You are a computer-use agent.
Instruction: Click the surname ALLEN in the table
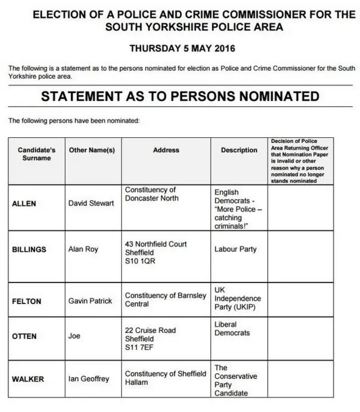24,203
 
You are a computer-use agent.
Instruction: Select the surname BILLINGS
29,249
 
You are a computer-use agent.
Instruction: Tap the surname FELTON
26,301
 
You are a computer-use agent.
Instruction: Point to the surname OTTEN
24,336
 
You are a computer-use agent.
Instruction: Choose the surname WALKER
28,379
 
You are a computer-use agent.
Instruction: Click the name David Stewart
91,203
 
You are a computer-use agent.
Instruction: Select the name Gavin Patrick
90,301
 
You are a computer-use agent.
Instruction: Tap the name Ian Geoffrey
89,379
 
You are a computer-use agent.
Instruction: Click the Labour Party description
235,249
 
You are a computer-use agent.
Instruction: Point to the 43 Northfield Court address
156,244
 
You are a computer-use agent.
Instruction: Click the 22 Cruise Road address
150,330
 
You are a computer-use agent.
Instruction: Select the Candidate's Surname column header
37,154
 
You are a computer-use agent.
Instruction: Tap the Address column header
166,150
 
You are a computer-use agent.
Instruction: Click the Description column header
239,150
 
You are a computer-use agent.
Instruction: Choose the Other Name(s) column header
92,150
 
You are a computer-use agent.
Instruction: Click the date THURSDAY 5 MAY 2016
182,48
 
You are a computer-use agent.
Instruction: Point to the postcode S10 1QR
140,261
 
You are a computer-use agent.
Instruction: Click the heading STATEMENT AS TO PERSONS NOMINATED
180,96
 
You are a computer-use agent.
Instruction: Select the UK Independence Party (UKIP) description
237,298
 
